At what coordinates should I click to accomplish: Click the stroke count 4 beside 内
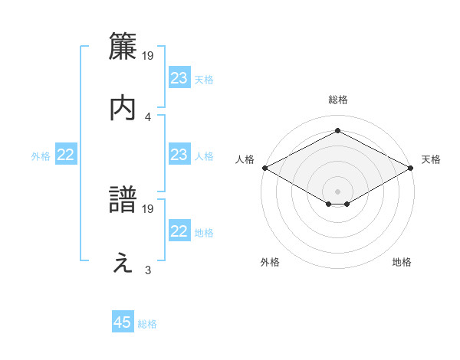coord(148,116)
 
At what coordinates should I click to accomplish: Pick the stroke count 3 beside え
coord(148,270)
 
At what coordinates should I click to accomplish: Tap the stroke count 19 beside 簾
coord(149,55)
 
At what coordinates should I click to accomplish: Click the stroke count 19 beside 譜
coord(149,208)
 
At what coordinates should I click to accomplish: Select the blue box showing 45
coord(123,322)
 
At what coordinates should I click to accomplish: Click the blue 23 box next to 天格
coord(179,78)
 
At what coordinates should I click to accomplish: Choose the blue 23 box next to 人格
coord(179,155)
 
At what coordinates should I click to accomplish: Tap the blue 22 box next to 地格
coord(179,231)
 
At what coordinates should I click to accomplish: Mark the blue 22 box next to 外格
coord(66,155)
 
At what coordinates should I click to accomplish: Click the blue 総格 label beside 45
coord(147,324)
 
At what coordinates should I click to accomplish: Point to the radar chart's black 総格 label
coord(338,100)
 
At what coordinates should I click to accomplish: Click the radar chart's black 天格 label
coord(431,159)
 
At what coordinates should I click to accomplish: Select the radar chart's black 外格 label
coord(270,262)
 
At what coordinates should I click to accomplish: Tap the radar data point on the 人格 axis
coord(264,168)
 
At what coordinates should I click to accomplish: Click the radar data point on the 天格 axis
coord(412,168)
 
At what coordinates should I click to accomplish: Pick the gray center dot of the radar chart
coord(338,190)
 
